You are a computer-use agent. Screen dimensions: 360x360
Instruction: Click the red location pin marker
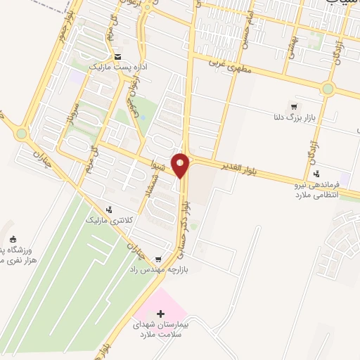(181, 165)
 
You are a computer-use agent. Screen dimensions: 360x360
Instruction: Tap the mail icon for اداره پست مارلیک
(117, 56)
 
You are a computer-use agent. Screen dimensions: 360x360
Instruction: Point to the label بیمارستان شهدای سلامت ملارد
(162, 330)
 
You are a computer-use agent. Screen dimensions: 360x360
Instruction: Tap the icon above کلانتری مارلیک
(109, 209)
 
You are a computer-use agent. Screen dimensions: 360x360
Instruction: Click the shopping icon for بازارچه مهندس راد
(158, 258)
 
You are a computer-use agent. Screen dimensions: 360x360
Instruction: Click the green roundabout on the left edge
(22, 134)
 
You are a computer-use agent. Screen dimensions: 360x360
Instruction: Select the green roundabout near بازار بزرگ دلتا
(328, 88)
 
